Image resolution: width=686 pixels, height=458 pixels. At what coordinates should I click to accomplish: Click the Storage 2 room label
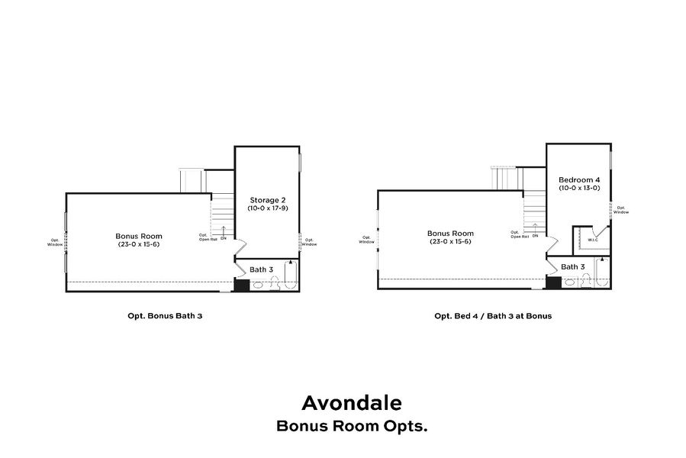pyautogui.click(x=267, y=200)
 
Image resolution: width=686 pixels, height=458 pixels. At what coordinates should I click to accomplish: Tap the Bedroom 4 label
pyautogui.click(x=578, y=179)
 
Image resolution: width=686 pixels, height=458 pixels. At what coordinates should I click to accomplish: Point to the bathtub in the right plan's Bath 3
pyautogui.click(x=603, y=273)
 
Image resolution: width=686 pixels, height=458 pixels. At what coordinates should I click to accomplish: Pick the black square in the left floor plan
pyautogui.click(x=241, y=285)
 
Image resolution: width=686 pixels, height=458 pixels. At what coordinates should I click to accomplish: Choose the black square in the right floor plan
pyautogui.click(x=554, y=282)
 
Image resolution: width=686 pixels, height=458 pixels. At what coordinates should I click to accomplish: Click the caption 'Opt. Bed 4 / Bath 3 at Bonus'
pyautogui.click(x=493, y=315)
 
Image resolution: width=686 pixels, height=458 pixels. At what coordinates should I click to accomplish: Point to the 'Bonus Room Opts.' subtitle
pyautogui.click(x=351, y=426)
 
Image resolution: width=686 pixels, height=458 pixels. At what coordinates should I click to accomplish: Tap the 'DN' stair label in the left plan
pyautogui.click(x=224, y=238)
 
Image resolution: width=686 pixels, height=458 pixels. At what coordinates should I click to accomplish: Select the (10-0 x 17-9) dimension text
pyautogui.click(x=267, y=208)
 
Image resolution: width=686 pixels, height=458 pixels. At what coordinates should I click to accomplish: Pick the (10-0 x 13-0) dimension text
pyautogui.click(x=578, y=188)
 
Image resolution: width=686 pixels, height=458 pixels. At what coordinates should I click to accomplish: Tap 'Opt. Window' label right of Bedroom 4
pyautogui.click(x=622, y=210)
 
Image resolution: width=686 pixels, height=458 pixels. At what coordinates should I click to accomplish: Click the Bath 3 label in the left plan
pyautogui.click(x=262, y=269)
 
